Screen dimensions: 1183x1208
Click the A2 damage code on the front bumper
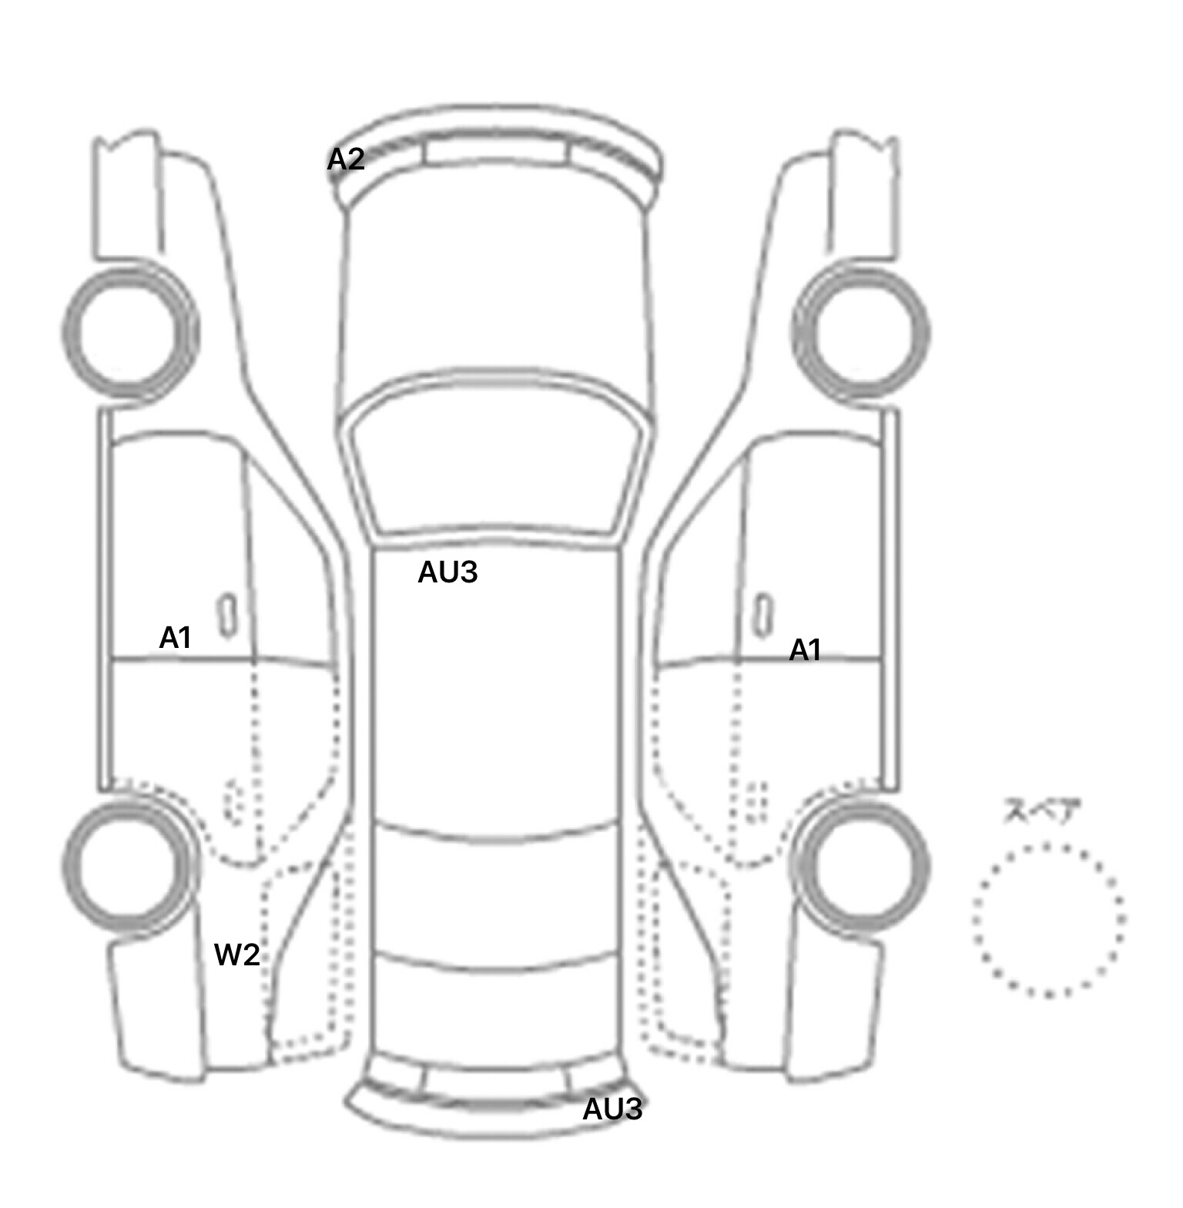click(346, 159)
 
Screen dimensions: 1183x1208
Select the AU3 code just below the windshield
click(447, 572)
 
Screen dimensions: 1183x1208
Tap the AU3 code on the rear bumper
click(612, 1109)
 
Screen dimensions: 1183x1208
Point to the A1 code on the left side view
click(175, 637)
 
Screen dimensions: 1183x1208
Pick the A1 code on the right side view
click(805, 650)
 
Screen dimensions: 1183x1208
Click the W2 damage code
click(236, 955)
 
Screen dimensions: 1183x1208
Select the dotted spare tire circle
click(975, 920)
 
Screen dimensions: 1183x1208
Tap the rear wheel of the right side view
click(927, 866)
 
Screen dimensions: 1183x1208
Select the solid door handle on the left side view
click(227, 616)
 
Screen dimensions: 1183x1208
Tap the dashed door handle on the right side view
click(758, 802)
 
